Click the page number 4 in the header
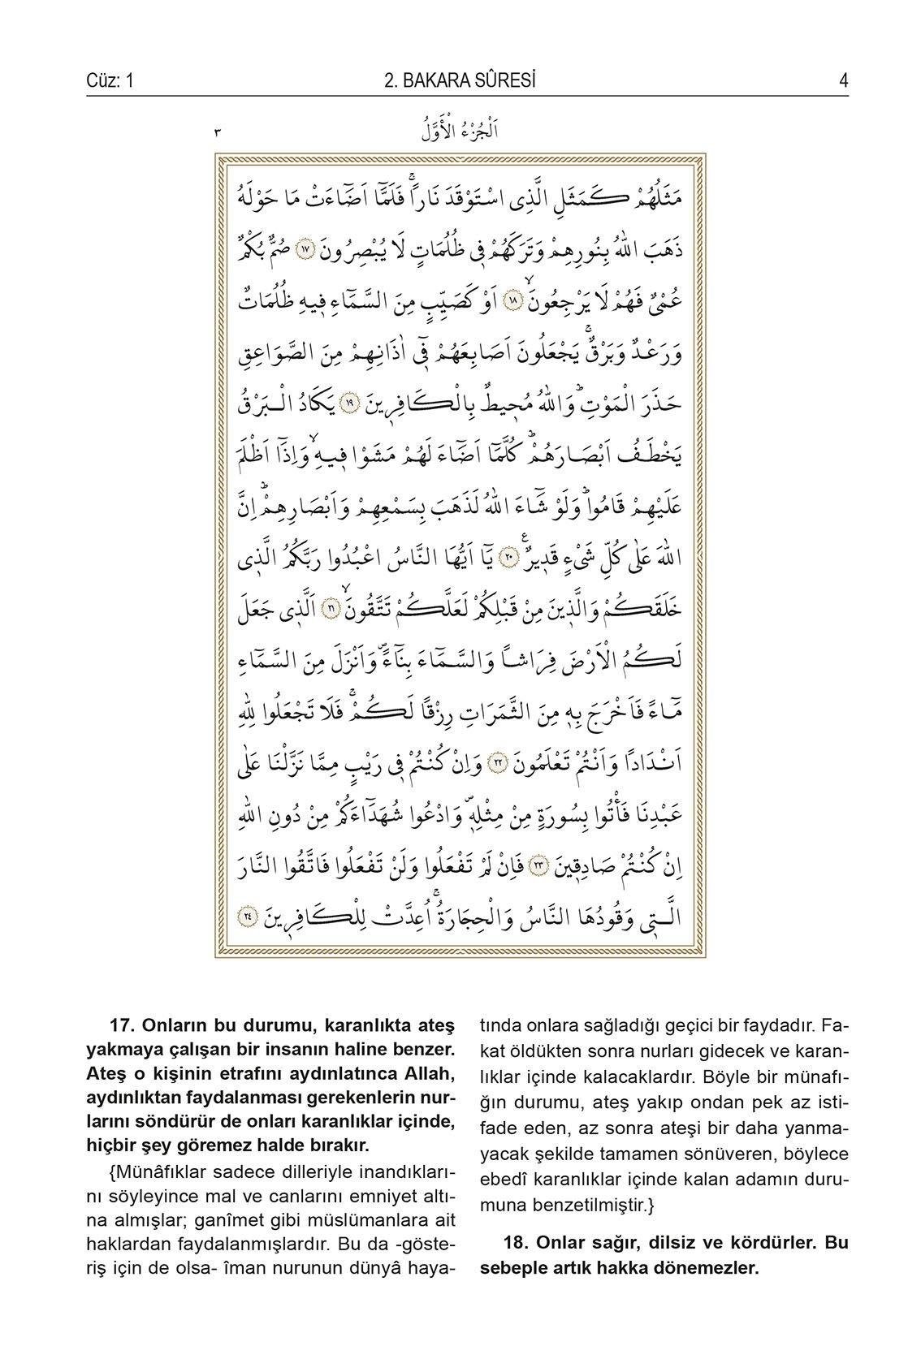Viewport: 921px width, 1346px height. (844, 81)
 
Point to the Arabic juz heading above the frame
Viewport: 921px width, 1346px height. (460, 131)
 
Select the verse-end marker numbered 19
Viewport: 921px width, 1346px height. (347, 403)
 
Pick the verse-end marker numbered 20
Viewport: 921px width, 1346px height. (507, 559)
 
